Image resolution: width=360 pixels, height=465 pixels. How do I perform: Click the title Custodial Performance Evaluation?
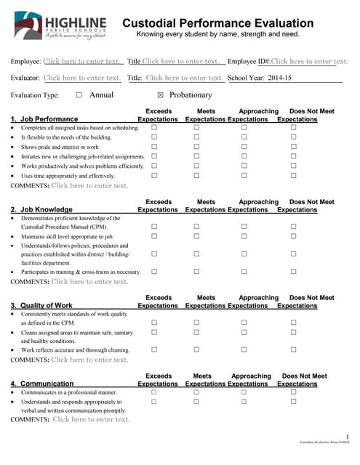[x=225, y=23]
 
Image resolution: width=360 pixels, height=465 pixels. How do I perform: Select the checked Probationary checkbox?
[x=161, y=94]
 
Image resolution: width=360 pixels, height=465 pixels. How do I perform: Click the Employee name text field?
[x=82, y=62]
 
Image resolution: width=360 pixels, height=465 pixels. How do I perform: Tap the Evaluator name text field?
[x=82, y=78]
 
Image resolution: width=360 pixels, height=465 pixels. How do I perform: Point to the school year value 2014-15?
[x=279, y=78]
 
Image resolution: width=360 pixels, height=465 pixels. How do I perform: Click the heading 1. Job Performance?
[x=44, y=119]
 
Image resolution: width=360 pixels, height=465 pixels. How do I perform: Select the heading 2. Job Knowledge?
[x=41, y=210]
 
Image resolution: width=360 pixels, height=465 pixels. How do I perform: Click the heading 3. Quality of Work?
[x=41, y=305]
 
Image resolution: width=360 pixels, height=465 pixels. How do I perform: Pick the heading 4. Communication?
[x=42, y=384]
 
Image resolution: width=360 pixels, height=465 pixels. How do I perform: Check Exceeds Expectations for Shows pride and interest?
[x=153, y=147]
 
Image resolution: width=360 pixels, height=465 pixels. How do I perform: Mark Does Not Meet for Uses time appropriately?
[x=294, y=176]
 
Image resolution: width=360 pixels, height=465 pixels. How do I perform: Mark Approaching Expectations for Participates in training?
[x=244, y=272]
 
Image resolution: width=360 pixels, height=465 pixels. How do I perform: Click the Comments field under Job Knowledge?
[x=89, y=281]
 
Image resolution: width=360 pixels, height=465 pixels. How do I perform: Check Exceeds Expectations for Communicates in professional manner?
[x=153, y=392]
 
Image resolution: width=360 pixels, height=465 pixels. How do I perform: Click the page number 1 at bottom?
[x=348, y=434]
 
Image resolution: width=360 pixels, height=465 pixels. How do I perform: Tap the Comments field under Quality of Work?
[x=89, y=360]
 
